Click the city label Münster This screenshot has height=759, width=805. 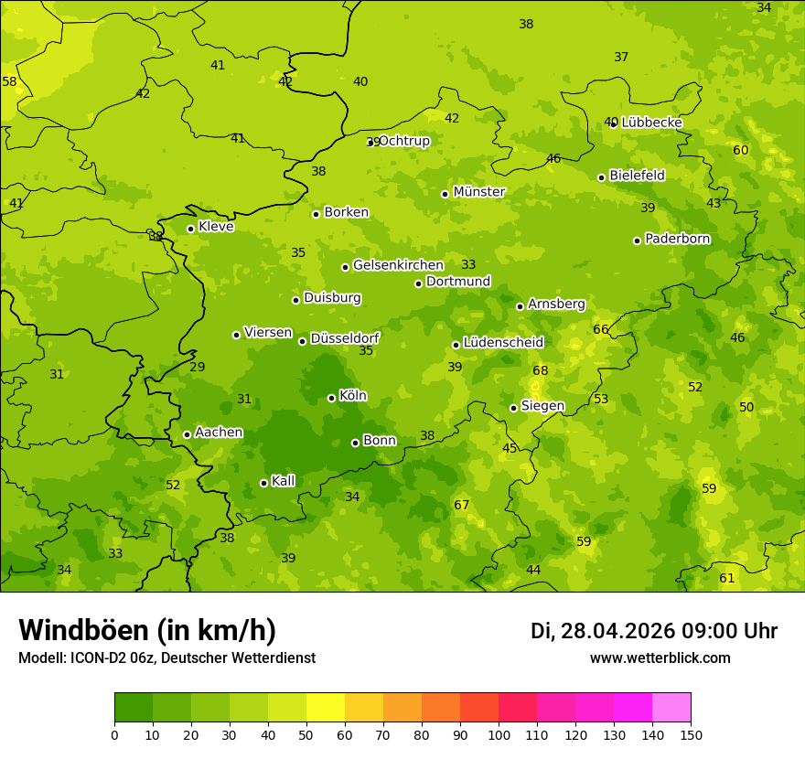coord(478,192)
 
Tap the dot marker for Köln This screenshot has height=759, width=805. coord(331,398)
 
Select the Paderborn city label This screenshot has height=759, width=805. coord(677,239)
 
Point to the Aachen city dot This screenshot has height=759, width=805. coord(187,434)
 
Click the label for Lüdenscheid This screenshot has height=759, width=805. coord(503,343)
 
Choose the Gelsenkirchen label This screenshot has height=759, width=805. coord(398,265)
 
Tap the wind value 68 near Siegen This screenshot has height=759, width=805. coord(541,370)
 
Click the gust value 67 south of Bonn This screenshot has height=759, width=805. coord(462,506)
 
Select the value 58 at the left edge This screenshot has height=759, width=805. coord(9,81)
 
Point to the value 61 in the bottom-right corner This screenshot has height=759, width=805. coord(727,578)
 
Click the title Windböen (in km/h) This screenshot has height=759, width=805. coord(147,630)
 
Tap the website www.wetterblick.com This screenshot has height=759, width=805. coord(660,657)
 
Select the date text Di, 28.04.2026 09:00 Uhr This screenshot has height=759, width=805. coord(654,631)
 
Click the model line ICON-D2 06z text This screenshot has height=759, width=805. coord(166,657)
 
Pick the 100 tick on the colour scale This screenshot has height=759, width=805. coord(499,734)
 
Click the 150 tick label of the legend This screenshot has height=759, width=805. coord(691,734)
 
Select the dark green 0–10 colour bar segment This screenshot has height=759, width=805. coord(134,708)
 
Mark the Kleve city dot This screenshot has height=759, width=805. coord(190,229)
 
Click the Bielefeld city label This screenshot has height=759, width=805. coord(637,176)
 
